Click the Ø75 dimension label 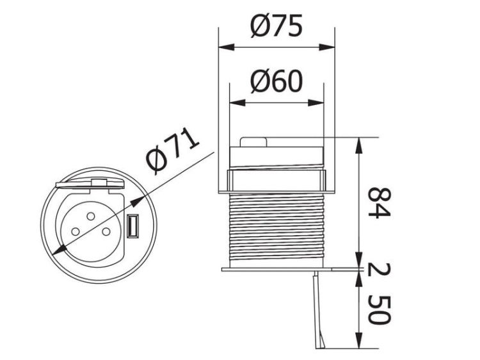[x=276, y=26]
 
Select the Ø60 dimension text [x=276, y=81]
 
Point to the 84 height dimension [x=380, y=203]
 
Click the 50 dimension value [x=380, y=310]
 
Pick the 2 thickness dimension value [x=380, y=269]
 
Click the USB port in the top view [x=133, y=226]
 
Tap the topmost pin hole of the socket [x=91, y=217]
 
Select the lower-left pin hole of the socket [x=75, y=231]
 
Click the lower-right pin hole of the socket [x=106, y=231]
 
